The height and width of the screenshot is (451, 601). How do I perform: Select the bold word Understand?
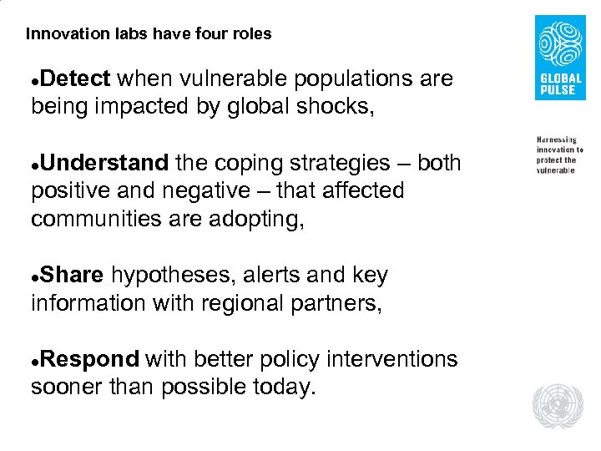point(104,163)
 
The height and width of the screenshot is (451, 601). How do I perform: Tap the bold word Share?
point(72,276)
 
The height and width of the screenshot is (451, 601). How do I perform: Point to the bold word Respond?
point(88,360)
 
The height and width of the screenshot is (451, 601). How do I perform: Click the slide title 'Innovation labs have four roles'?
point(149,34)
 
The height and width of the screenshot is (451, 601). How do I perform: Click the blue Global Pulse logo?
point(559,58)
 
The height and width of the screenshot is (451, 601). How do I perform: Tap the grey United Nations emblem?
point(558,406)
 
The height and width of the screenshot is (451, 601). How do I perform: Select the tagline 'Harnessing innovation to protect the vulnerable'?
point(559,154)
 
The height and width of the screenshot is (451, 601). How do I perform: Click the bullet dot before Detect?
point(34,81)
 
